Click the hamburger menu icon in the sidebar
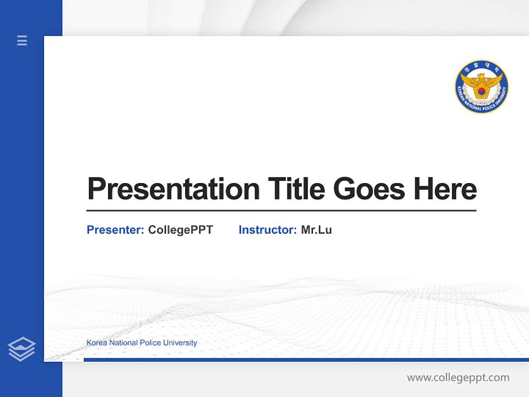point(22,40)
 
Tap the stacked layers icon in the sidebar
point(21,349)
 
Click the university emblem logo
point(482,87)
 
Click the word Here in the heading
point(445,189)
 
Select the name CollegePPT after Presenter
point(180,230)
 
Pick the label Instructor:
point(268,230)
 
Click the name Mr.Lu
point(316,230)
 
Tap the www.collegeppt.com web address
point(458,378)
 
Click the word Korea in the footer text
point(96,343)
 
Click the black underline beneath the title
point(281,211)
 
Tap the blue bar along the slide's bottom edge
point(306,360)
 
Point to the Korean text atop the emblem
point(482,68)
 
